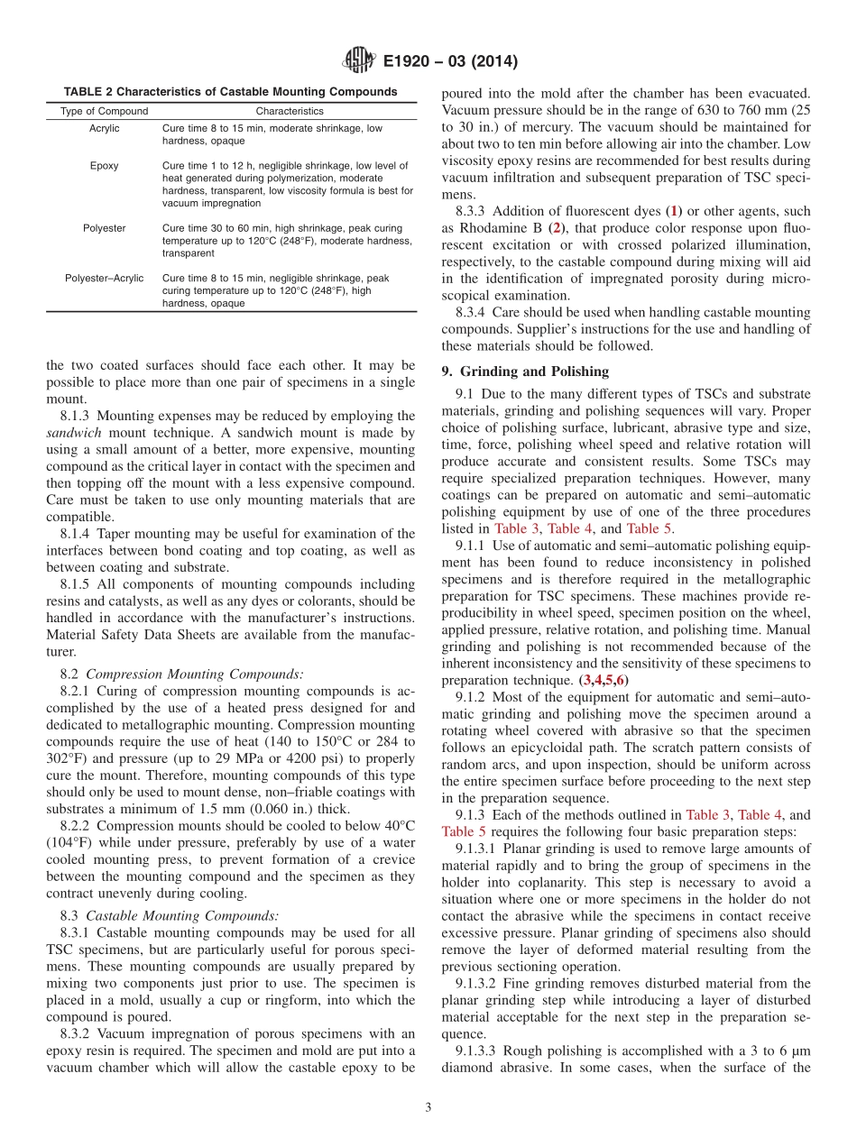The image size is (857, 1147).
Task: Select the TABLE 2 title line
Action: (x=230, y=92)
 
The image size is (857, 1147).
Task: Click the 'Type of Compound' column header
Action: (x=105, y=111)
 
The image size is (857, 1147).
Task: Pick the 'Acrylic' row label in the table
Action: (x=105, y=129)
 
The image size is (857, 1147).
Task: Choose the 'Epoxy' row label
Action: (x=105, y=166)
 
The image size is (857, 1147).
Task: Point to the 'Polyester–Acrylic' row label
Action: (x=105, y=279)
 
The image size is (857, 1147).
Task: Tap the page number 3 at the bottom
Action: (x=428, y=1108)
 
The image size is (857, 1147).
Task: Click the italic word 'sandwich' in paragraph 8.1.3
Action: (x=71, y=433)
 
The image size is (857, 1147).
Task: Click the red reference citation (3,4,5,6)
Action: (x=604, y=680)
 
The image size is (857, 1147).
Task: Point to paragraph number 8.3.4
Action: (x=473, y=313)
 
